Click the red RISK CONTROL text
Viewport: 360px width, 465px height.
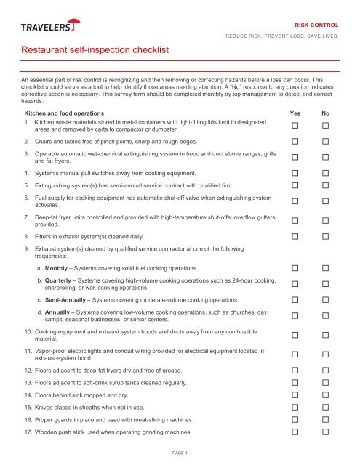tap(316, 23)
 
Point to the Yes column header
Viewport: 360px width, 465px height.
tap(295, 114)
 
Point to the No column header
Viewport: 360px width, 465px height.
tap(327, 114)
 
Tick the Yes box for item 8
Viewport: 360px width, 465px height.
tap(295, 235)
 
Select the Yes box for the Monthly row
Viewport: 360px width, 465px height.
tap(295, 268)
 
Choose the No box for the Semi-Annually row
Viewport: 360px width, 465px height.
tap(327, 299)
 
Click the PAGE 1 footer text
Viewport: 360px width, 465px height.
tap(180, 454)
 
